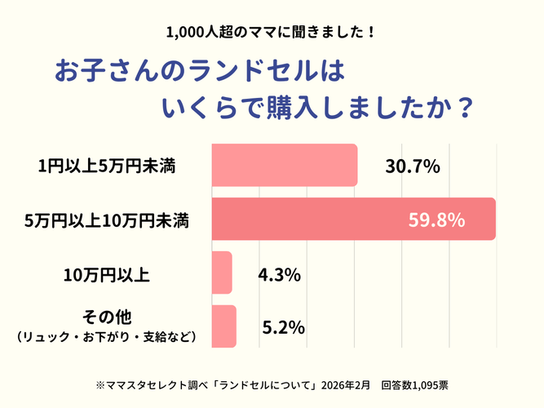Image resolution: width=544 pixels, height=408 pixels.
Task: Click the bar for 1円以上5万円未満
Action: click(284, 165)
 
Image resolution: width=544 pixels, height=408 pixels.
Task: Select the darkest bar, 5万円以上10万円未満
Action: click(352, 219)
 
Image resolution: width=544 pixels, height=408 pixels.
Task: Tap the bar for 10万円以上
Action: click(222, 273)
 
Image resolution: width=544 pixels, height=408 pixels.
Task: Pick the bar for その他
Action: click(223, 326)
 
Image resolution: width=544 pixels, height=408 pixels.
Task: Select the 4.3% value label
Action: click(279, 274)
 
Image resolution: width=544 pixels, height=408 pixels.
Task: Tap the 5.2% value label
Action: click(284, 328)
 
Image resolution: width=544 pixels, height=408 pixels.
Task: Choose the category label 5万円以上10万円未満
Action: click(107, 220)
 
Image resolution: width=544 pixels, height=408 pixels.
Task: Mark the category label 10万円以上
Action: click(107, 274)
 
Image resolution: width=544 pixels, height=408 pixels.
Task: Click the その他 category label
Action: click(107, 317)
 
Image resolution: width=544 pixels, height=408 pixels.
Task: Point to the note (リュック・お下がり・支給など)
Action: click(107, 336)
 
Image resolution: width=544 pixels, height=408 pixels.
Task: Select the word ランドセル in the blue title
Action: click(237, 72)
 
